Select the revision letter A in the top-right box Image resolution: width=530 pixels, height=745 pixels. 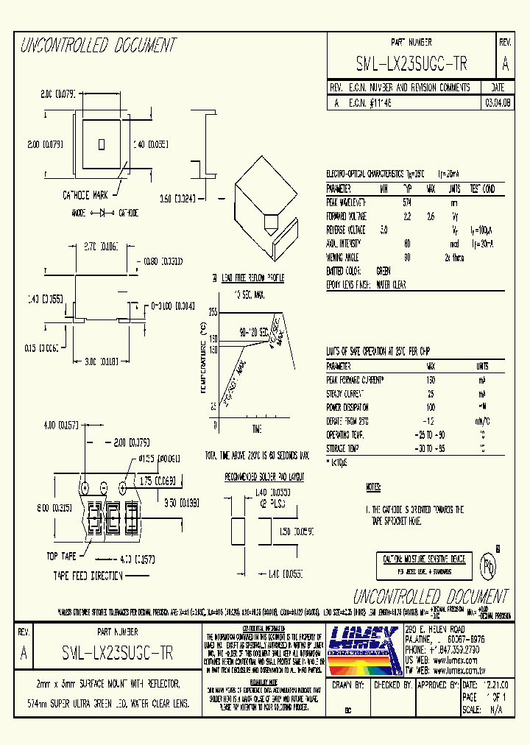504,64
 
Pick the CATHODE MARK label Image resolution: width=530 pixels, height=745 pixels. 85,196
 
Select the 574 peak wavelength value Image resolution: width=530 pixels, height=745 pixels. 407,202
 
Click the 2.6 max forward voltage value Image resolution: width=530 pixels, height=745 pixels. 431,216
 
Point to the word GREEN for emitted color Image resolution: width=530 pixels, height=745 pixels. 384,271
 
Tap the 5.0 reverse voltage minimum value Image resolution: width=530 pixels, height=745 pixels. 384,230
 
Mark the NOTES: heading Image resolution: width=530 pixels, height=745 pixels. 374,488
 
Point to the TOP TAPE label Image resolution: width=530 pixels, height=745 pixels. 62,557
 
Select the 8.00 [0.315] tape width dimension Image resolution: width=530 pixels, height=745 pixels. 51,508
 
